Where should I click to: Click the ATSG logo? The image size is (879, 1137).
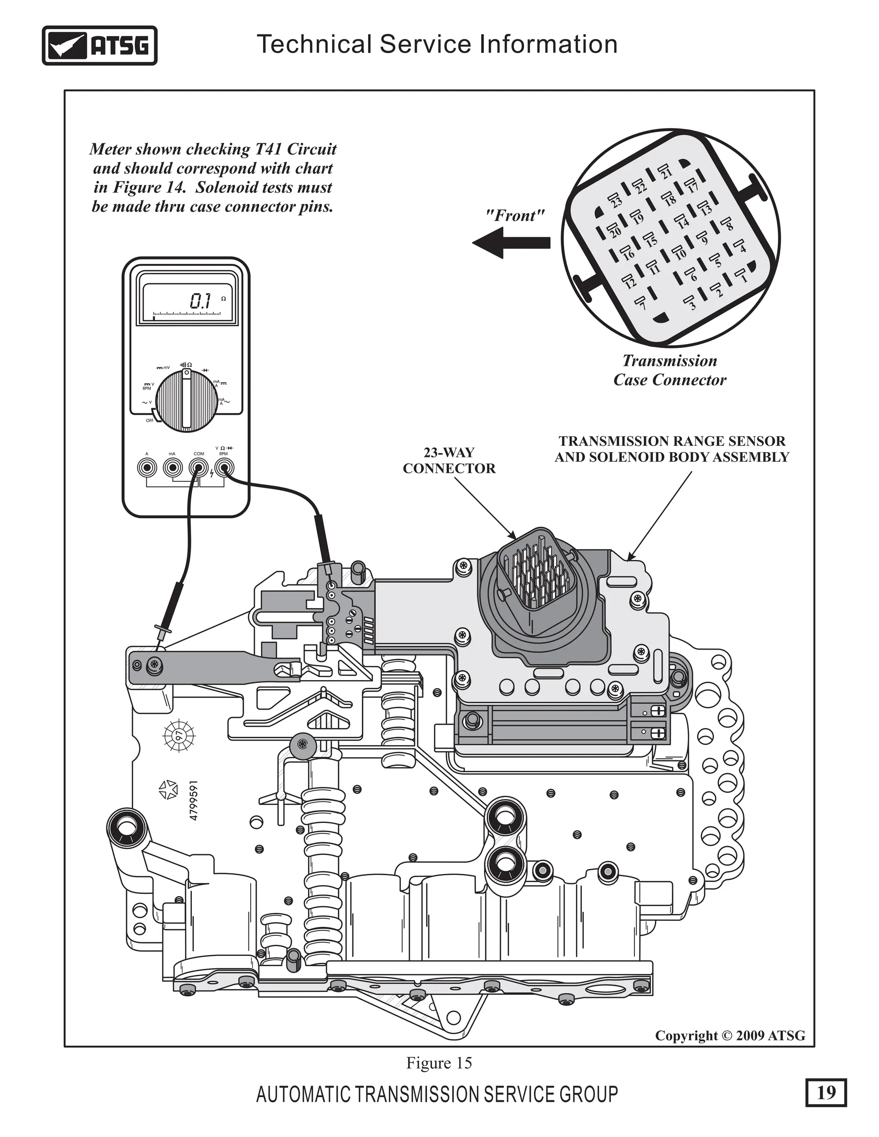tap(100, 46)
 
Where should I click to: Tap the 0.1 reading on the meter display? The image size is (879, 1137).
tap(200, 301)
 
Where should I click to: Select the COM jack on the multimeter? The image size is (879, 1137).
tap(198, 468)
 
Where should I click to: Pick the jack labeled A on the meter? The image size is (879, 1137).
tap(147, 468)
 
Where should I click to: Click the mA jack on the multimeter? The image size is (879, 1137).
tap(173, 468)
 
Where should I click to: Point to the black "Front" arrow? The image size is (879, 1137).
tap(511, 242)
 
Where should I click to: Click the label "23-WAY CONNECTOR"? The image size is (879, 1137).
tap(449, 460)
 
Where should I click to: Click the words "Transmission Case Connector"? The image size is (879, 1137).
tap(670, 370)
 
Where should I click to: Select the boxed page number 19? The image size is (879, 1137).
tap(826, 1092)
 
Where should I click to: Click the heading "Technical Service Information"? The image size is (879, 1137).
tap(437, 44)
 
